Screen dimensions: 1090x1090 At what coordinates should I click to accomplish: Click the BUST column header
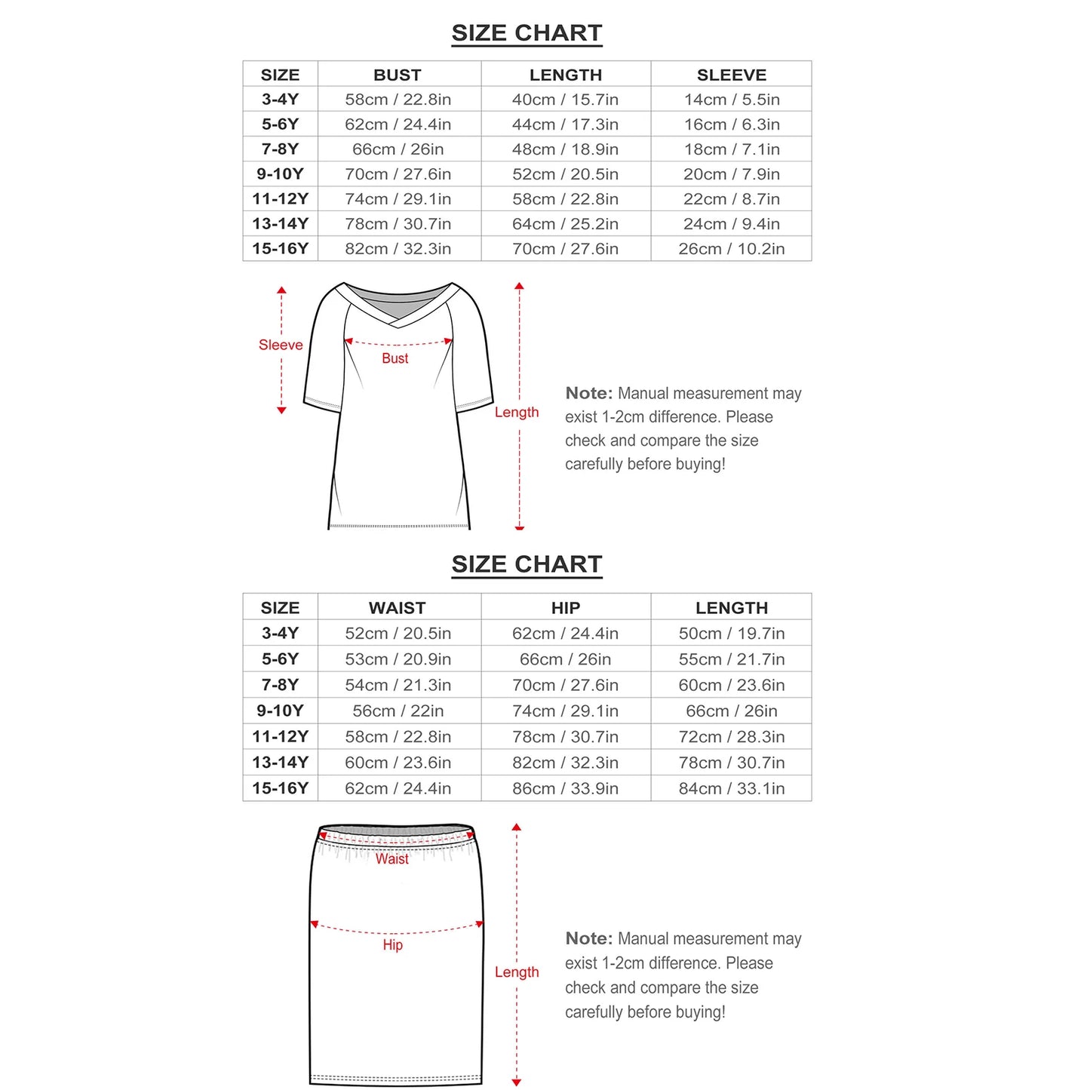(x=398, y=75)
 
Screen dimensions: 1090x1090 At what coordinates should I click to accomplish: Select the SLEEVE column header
(x=731, y=75)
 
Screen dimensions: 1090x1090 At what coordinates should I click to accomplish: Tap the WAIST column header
(x=398, y=608)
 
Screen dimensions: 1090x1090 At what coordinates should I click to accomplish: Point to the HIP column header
(x=565, y=608)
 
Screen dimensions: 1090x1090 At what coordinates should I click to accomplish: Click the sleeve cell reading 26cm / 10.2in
(x=731, y=249)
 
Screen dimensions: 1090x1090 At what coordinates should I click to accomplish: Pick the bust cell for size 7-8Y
(x=398, y=149)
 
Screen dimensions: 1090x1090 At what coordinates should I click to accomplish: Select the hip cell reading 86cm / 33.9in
(x=565, y=788)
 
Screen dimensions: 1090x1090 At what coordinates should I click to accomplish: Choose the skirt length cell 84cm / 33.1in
(x=731, y=788)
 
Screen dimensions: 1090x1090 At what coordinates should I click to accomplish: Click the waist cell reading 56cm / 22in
(x=398, y=711)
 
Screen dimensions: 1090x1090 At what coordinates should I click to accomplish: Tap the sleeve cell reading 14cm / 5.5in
(x=731, y=100)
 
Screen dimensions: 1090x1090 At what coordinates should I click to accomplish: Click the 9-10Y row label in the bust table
(x=280, y=174)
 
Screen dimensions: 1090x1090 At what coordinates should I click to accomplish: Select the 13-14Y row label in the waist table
(x=280, y=763)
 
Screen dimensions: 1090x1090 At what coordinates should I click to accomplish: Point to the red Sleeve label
(x=281, y=345)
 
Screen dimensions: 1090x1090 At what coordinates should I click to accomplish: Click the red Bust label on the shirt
(x=395, y=358)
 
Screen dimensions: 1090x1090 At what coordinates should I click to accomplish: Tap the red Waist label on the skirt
(x=391, y=858)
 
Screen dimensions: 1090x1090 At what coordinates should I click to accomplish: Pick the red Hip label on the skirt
(x=392, y=944)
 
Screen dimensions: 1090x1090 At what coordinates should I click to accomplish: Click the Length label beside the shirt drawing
(x=517, y=412)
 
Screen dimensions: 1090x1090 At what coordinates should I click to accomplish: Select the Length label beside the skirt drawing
(x=517, y=972)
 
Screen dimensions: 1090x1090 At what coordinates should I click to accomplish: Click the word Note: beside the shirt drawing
(x=589, y=393)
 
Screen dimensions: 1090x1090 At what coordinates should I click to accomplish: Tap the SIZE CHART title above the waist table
(x=527, y=564)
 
